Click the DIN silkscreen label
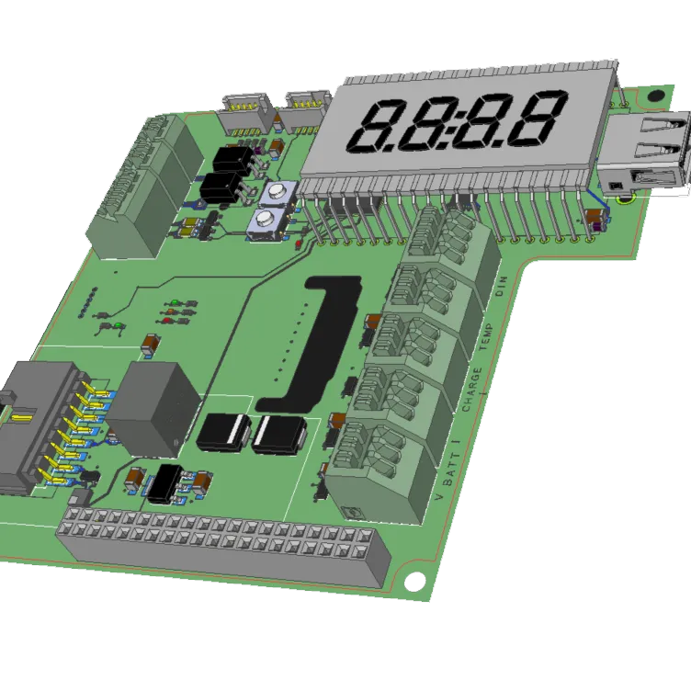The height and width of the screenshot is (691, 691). tap(502, 287)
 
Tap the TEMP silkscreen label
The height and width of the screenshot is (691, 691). tap(486, 337)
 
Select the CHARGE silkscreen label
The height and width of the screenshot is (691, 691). tap(471, 390)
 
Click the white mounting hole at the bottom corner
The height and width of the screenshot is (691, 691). tap(414, 582)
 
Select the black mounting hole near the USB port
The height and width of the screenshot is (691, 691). tap(656, 96)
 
